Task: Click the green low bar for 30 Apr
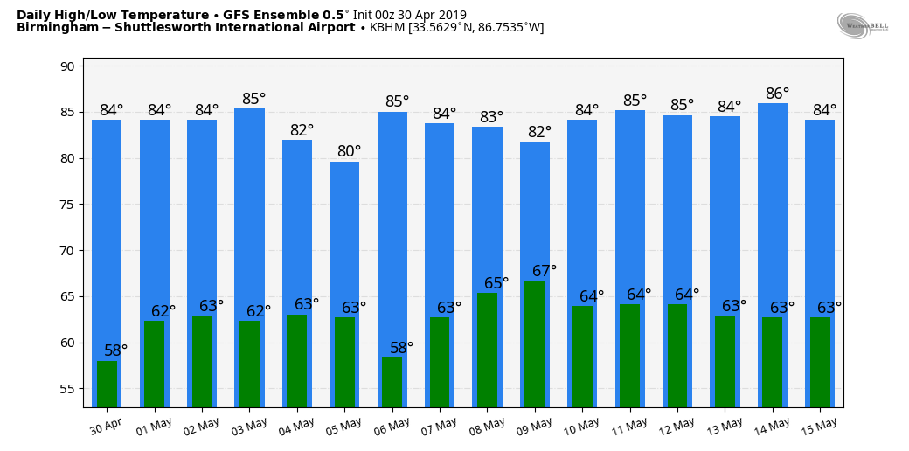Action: tap(107, 384)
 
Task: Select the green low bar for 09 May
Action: tap(534, 344)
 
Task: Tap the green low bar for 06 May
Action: tap(392, 382)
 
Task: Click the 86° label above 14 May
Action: tap(777, 94)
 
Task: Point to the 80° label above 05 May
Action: tap(350, 151)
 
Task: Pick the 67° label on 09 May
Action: tap(545, 271)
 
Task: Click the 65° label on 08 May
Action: tap(496, 283)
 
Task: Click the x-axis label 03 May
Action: tap(248, 426)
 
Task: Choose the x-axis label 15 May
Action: tap(819, 426)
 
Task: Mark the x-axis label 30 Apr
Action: tap(106, 426)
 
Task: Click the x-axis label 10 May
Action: tap(581, 426)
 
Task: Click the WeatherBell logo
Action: tap(862, 25)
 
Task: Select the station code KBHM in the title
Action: tap(387, 28)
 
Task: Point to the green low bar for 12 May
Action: tap(677, 356)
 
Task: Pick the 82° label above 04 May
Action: tap(302, 130)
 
